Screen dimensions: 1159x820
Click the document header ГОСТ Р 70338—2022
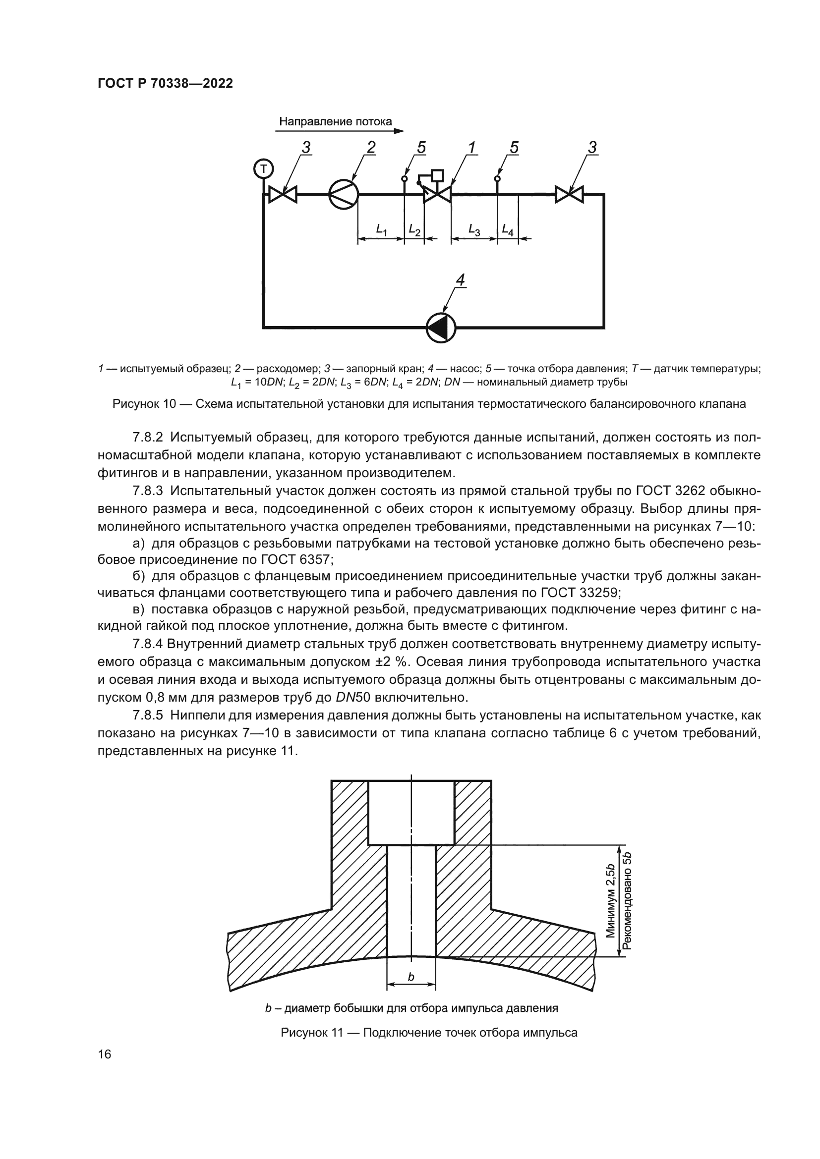165,84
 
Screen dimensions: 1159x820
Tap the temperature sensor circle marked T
263,168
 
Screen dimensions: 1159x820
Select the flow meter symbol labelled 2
344,194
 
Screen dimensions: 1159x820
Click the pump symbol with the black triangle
441,328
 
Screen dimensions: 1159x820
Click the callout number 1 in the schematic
471,147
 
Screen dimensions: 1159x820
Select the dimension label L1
382,230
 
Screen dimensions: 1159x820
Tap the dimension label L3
474,230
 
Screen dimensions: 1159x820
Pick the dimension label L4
508,230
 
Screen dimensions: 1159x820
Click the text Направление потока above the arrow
335,122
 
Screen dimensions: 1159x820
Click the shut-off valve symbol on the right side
569,194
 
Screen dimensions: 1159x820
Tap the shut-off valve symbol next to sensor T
283,194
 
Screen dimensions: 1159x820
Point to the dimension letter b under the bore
411,977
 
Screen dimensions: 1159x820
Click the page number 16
105,1054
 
